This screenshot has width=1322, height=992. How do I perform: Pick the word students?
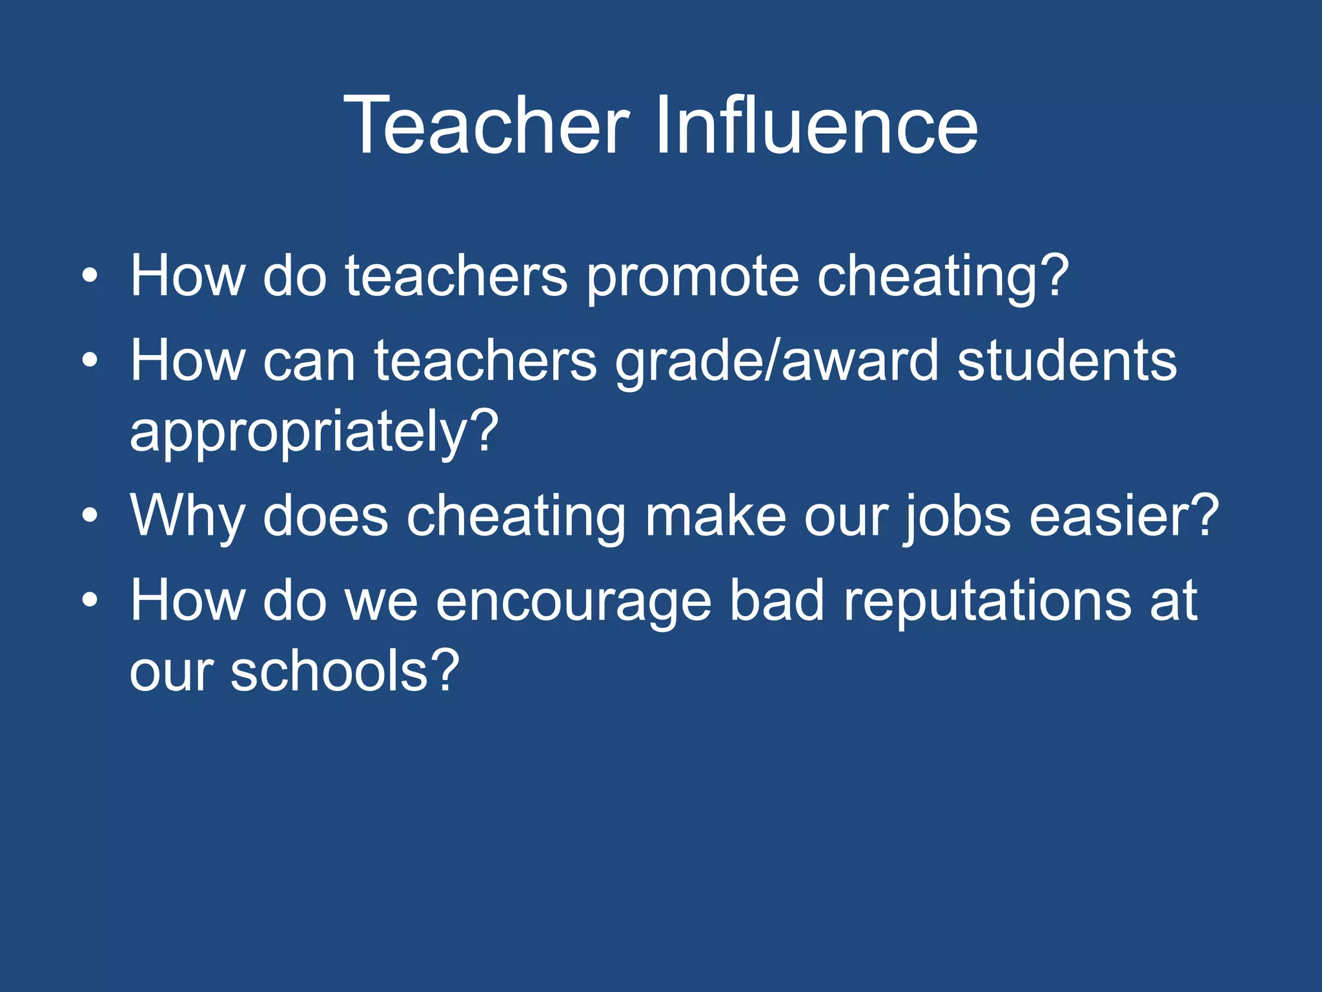point(1067,361)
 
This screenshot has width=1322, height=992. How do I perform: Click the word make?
point(715,516)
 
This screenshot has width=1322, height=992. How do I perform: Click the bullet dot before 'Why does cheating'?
point(90,516)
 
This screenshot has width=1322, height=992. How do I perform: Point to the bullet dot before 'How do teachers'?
point(90,276)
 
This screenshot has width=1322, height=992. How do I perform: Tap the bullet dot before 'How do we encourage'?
point(90,601)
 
